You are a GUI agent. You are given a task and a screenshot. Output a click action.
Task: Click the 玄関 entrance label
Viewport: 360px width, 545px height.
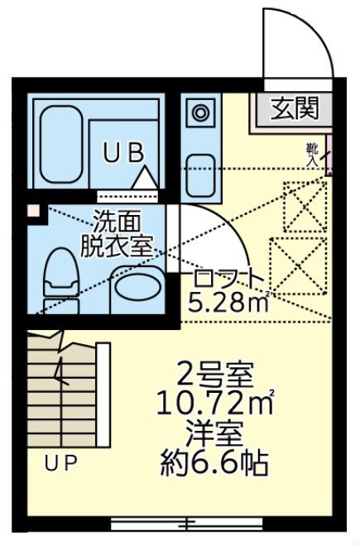[295, 108]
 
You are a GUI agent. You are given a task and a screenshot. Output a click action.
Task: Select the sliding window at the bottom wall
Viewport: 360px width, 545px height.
[190, 523]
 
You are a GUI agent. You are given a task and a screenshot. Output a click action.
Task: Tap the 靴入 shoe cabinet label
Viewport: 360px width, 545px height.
[312, 155]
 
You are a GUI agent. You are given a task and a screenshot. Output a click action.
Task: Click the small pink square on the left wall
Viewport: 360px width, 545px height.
[31, 211]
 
